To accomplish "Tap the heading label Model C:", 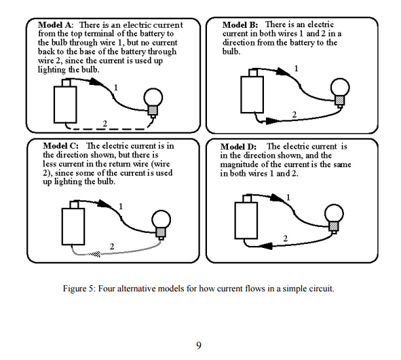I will tap(60, 146).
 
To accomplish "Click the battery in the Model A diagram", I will tap(66, 103).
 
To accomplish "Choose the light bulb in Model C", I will tap(161, 221).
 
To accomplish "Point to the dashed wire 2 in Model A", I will tap(109, 128).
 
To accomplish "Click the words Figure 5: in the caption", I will tap(79, 289).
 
